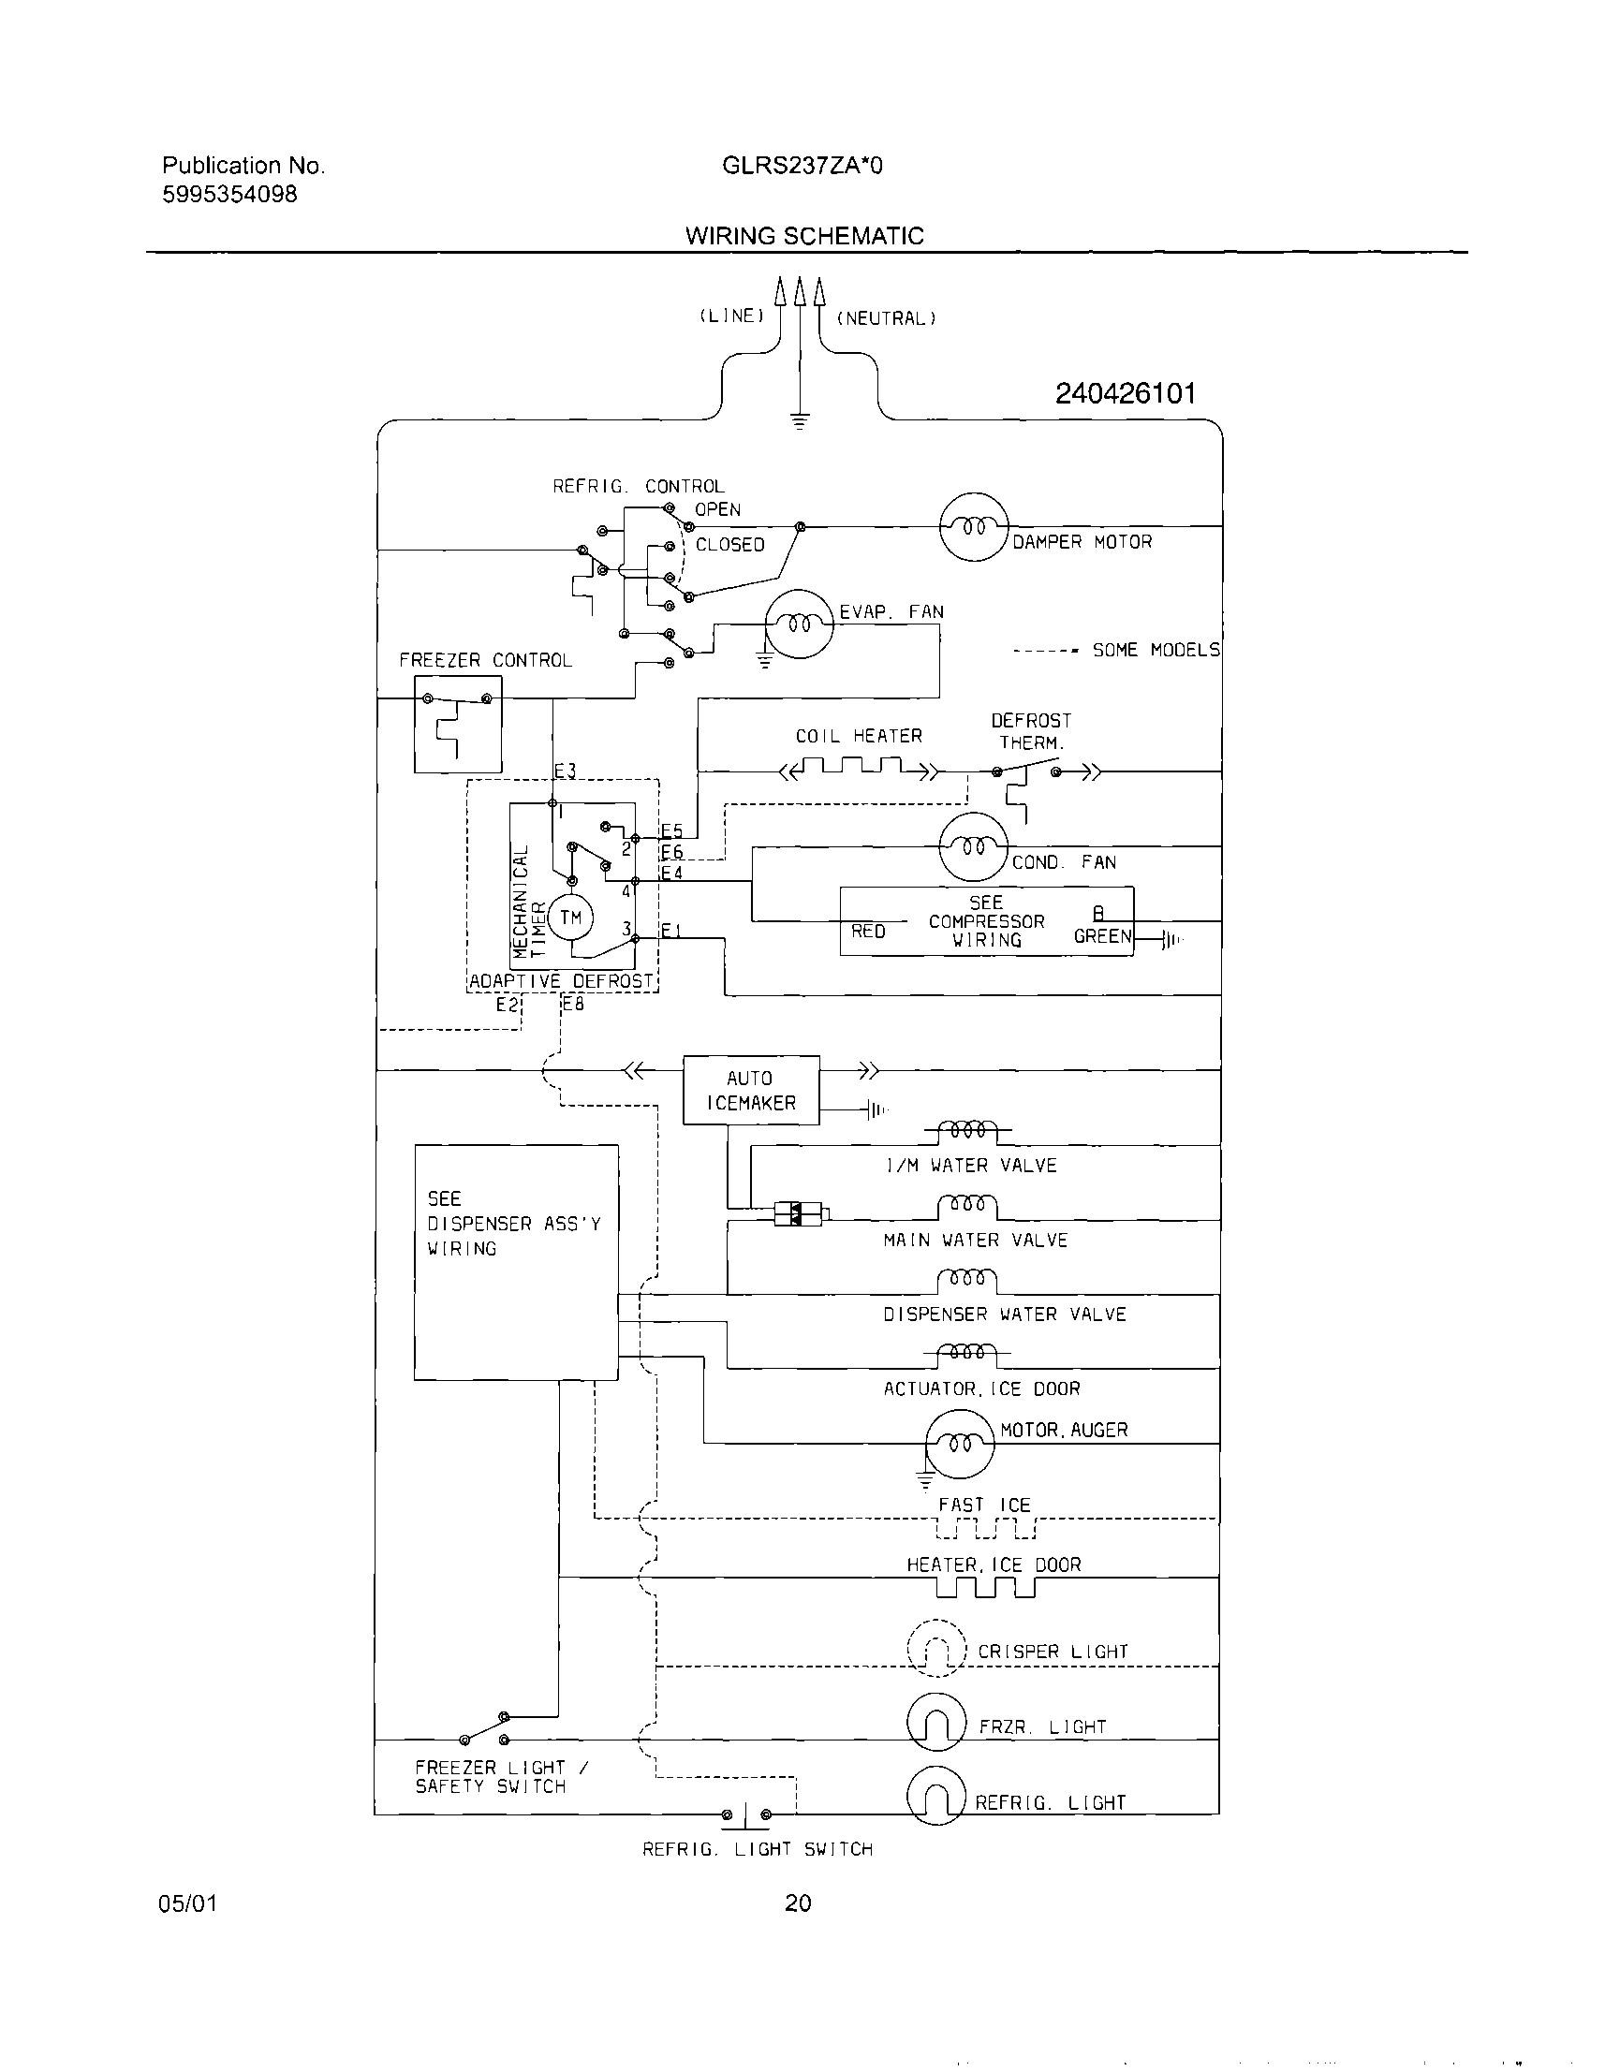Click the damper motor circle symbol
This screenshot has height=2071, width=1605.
point(973,526)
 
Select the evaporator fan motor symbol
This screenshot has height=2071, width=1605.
point(799,623)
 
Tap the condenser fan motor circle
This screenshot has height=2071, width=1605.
point(973,846)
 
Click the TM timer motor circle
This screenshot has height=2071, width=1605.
point(570,917)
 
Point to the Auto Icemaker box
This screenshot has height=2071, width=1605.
point(750,1090)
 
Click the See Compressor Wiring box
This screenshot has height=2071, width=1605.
point(987,920)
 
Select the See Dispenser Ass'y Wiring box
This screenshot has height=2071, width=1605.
point(516,1262)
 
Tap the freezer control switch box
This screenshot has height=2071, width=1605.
point(457,725)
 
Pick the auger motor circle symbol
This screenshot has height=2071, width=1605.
point(959,1444)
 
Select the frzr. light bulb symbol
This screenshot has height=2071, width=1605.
point(935,1722)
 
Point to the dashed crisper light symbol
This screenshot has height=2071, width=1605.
point(935,1648)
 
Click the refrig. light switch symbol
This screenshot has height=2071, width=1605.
point(746,1815)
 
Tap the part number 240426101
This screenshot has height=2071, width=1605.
point(1125,393)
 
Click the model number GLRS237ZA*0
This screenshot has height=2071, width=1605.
point(802,166)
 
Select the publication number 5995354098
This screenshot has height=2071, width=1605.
point(228,195)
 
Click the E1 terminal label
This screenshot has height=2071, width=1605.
point(670,931)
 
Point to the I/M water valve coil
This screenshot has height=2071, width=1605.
point(968,1131)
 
